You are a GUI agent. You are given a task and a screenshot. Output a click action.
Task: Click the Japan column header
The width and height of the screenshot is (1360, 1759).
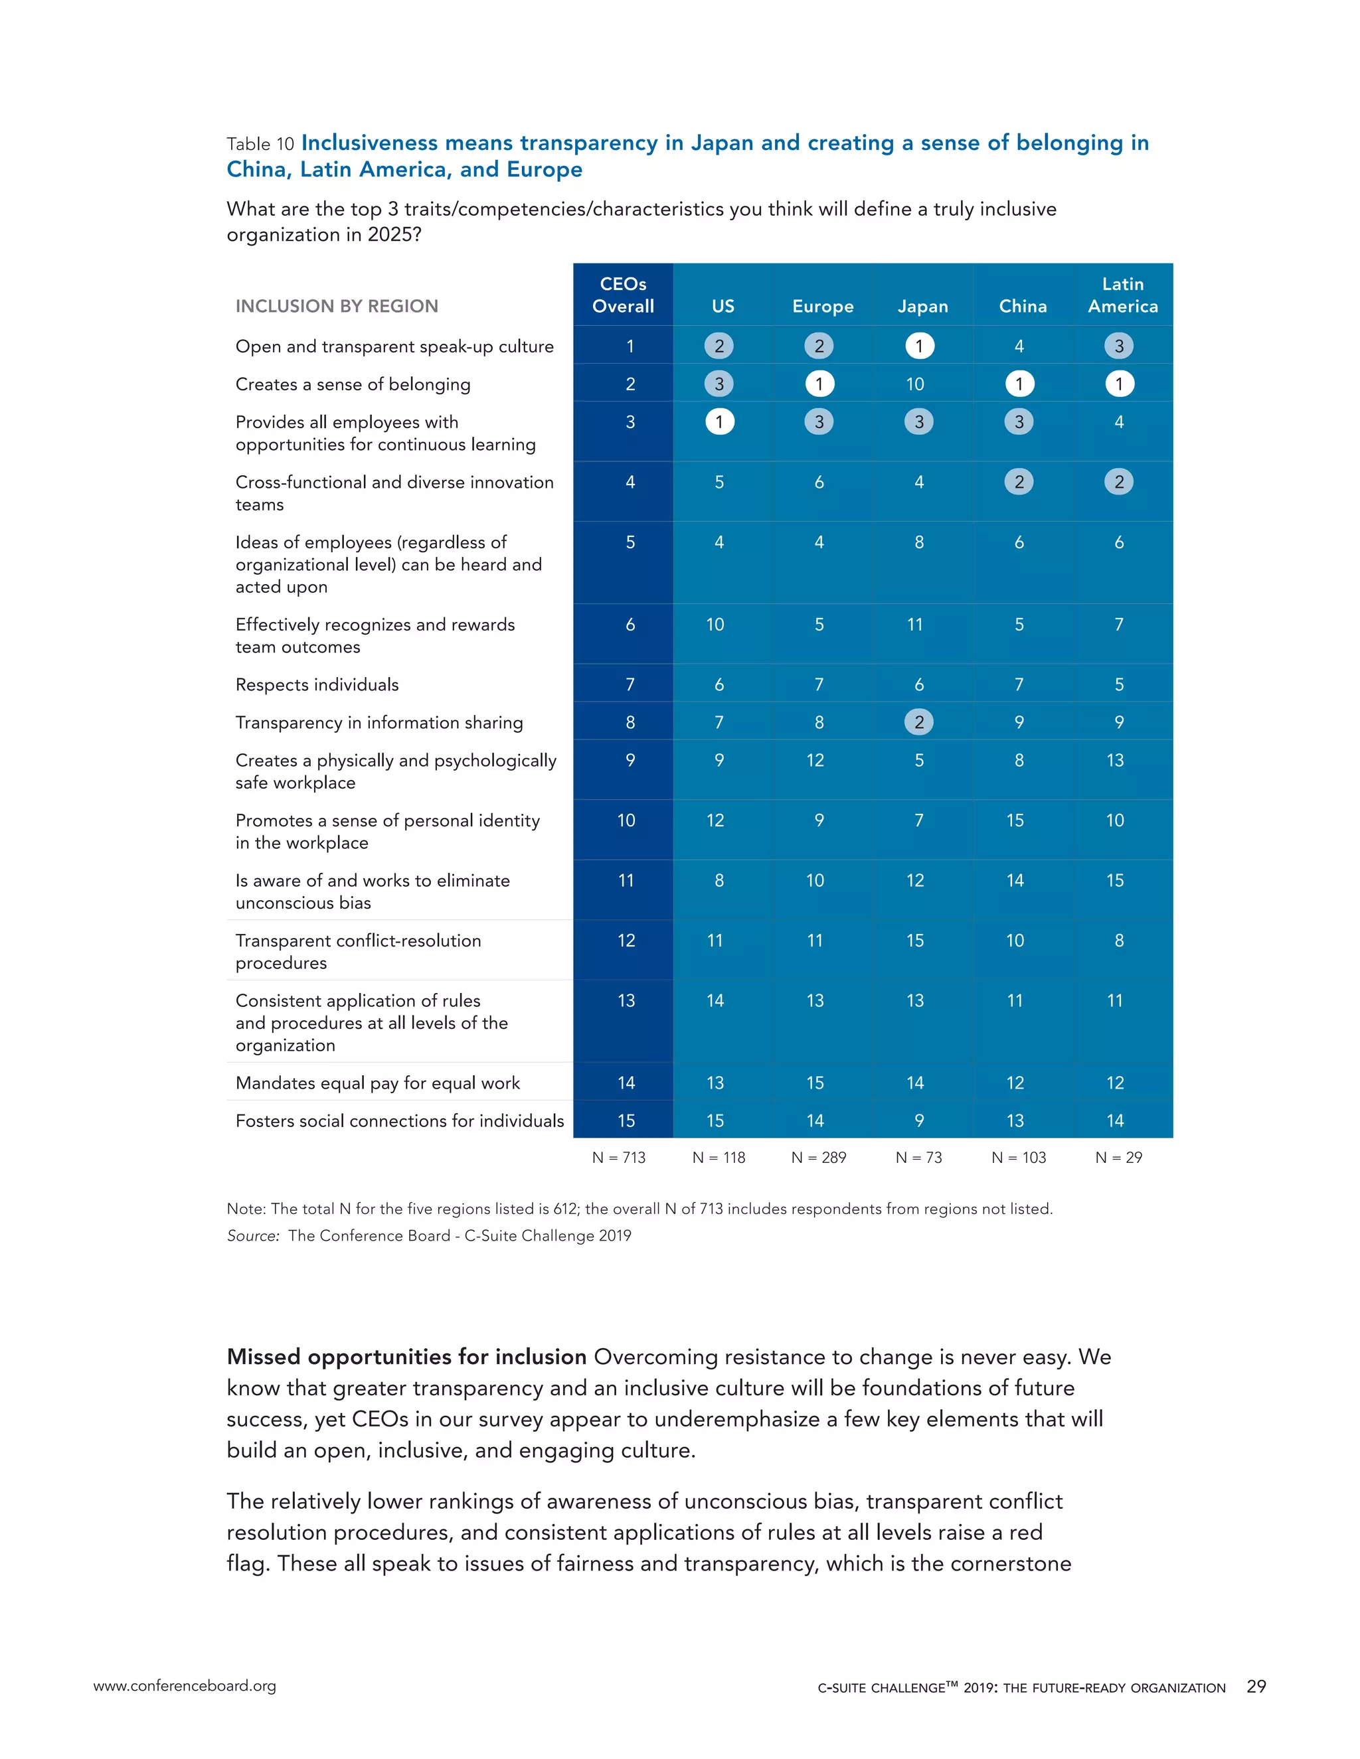click(922, 306)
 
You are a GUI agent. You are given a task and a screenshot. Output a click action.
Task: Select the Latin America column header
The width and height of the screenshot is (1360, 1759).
click(1122, 295)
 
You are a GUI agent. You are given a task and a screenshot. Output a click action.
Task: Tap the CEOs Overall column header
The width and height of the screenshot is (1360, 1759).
click(623, 295)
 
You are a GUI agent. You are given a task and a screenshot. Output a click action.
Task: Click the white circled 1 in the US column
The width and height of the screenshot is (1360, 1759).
click(719, 421)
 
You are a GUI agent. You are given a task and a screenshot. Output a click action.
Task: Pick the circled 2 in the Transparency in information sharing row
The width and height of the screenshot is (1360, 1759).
click(918, 722)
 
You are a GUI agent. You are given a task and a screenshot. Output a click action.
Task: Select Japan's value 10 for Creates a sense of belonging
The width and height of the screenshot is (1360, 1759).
click(915, 384)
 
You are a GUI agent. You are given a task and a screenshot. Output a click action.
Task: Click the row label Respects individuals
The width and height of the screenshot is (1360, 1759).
click(317, 684)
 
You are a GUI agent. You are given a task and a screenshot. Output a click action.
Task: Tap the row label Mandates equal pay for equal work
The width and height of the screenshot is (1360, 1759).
click(377, 1083)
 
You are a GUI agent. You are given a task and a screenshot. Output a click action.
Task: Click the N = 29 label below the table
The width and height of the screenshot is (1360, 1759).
click(1118, 1158)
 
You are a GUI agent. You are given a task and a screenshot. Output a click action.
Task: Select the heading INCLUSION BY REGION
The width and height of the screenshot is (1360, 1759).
click(337, 306)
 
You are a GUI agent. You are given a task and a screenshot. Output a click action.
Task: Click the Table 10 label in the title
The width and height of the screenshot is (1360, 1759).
click(260, 144)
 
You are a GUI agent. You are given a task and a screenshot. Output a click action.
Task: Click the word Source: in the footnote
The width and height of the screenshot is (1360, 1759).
click(253, 1235)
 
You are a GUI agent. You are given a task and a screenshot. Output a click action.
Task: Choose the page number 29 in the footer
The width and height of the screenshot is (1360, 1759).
click(1256, 1686)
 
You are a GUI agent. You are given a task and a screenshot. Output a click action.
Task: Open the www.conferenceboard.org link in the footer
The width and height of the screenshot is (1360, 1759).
click(185, 1686)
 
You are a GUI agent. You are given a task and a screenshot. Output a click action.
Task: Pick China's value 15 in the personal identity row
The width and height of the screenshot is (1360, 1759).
click(1015, 820)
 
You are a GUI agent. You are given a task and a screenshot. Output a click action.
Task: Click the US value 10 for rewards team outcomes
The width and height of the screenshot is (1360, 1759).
click(715, 624)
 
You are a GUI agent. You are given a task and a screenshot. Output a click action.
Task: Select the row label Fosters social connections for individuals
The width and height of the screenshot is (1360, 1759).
click(400, 1120)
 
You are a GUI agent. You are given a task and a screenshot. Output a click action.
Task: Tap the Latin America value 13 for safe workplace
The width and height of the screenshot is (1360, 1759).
click(1115, 760)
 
